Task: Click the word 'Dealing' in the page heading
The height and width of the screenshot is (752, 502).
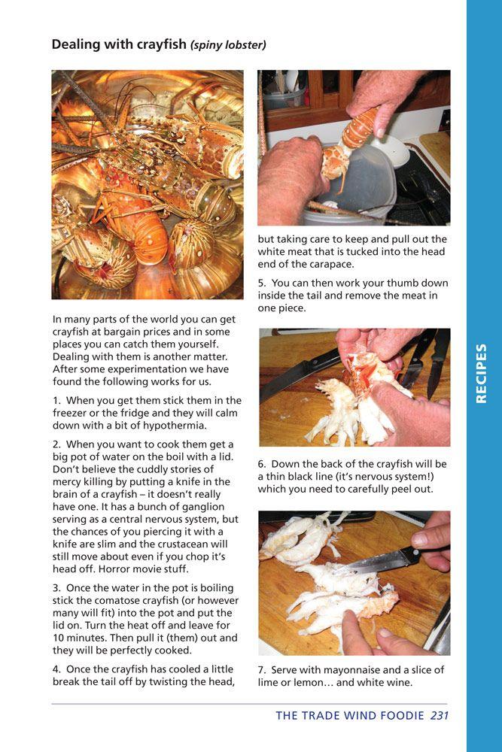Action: [x=75, y=44]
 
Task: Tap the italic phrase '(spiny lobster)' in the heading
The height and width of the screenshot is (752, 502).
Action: [x=228, y=45]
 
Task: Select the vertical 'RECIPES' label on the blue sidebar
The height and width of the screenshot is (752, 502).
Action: [x=482, y=374]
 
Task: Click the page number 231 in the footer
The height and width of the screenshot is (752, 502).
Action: [x=440, y=715]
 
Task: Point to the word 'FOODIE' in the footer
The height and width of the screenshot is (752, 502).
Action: [x=395, y=715]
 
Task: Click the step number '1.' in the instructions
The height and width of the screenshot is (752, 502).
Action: [x=57, y=400]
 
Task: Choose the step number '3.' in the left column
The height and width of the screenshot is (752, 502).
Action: [x=57, y=587]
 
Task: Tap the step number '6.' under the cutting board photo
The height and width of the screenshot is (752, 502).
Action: [x=262, y=464]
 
